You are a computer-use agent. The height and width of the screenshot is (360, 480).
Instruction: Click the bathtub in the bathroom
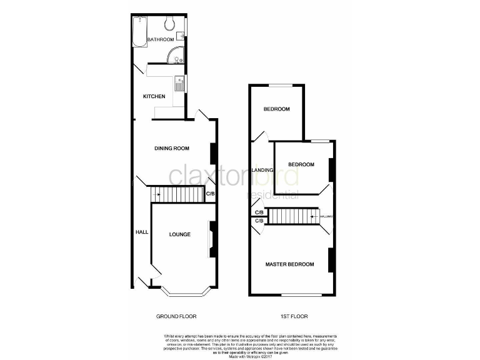pos(139,31)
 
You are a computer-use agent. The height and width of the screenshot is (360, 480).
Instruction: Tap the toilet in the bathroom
pos(169,24)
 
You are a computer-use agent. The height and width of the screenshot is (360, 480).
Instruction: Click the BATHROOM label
pos(160,40)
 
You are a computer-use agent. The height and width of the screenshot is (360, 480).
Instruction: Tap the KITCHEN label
pos(154,96)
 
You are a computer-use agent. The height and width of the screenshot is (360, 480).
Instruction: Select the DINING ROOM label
pos(172,148)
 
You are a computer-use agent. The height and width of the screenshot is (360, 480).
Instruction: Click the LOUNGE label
pos(179,234)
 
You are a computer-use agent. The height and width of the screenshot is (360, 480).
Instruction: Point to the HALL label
pos(141,232)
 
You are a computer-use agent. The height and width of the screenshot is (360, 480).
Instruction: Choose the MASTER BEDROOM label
pos(289,264)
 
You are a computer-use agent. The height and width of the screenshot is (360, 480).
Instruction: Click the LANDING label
pos(262,170)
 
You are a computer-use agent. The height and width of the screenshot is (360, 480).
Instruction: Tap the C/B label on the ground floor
pos(211,194)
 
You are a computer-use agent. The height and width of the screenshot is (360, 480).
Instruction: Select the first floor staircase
pos(293,216)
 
